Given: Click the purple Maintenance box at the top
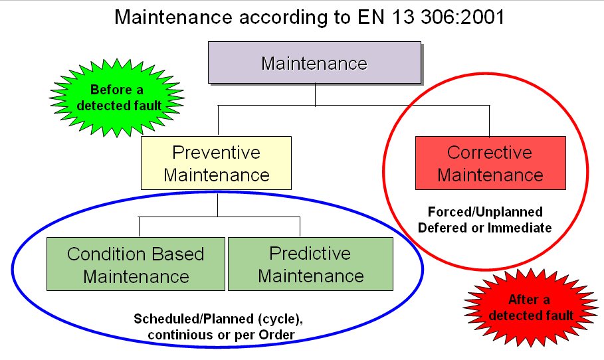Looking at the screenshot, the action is pyautogui.click(x=314, y=64).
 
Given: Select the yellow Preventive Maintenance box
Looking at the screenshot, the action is pyautogui.click(x=217, y=163).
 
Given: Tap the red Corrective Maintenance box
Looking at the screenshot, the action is pyautogui.click(x=490, y=163).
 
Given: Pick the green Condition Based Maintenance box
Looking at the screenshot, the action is pyautogui.click(x=136, y=264).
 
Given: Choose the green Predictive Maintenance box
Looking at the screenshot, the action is pyautogui.click(x=310, y=264).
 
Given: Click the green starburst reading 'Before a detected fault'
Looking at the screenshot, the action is pyautogui.click(x=116, y=98).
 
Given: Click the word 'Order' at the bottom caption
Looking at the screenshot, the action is pyautogui.click(x=276, y=333).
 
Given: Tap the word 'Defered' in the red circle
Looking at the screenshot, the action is pyautogui.click(x=441, y=227).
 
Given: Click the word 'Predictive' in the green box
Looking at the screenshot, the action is pyautogui.click(x=310, y=254).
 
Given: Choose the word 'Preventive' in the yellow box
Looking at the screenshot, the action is pyautogui.click(x=216, y=153).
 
